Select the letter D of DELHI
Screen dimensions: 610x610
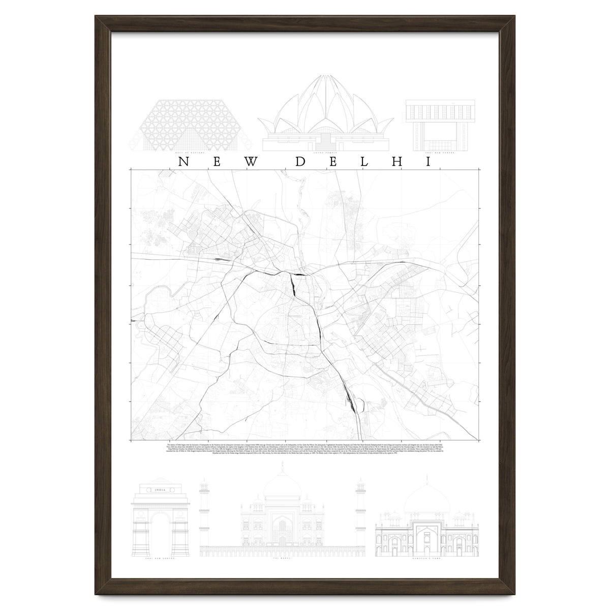(x=300, y=162)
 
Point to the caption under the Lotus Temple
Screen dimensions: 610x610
(x=326, y=151)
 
